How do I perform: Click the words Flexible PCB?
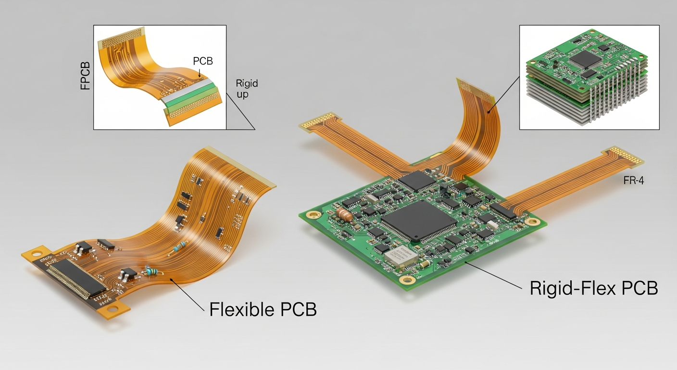point(263,309)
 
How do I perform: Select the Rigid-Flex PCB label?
point(594,288)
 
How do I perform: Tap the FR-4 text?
point(633,181)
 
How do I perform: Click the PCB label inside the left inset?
point(203,61)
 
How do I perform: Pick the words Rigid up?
point(247,89)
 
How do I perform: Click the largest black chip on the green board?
point(419,221)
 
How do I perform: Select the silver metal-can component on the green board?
point(401,256)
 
